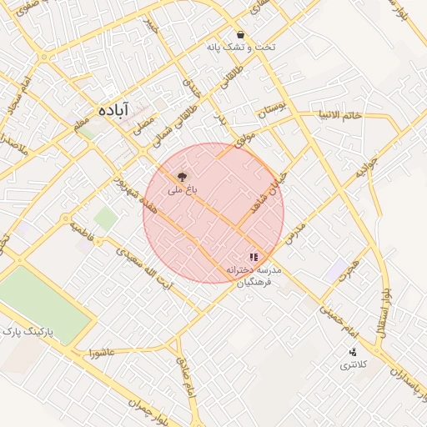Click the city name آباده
point(113,109)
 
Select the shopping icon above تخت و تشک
point(241,35)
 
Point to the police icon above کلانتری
point(352,352)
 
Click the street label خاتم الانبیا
point(340,115)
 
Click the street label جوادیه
point(367,168)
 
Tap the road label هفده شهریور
point(133,198)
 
